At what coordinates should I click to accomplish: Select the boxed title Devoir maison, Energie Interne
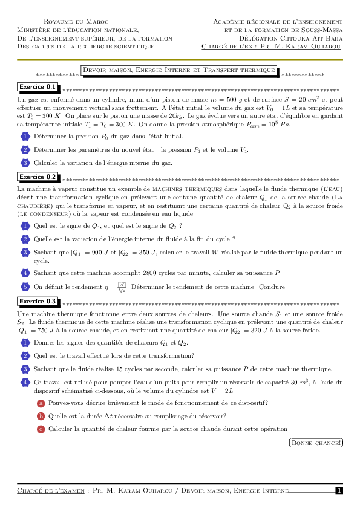tap(179, 71)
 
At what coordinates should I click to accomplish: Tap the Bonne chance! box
tap(316, 443)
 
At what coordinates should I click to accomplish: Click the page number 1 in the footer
tap(339, 491)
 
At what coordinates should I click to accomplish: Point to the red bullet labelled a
tap(41, 403)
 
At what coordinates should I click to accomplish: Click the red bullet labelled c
tap(41, 429)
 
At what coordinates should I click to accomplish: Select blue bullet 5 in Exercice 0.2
tap(25, 287)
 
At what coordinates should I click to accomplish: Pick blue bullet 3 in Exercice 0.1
tap(25, 163)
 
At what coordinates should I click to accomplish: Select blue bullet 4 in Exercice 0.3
tap(25, 382)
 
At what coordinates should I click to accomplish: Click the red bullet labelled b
tap(41, 416)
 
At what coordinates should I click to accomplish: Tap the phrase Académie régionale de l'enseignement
tap(278, 22)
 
